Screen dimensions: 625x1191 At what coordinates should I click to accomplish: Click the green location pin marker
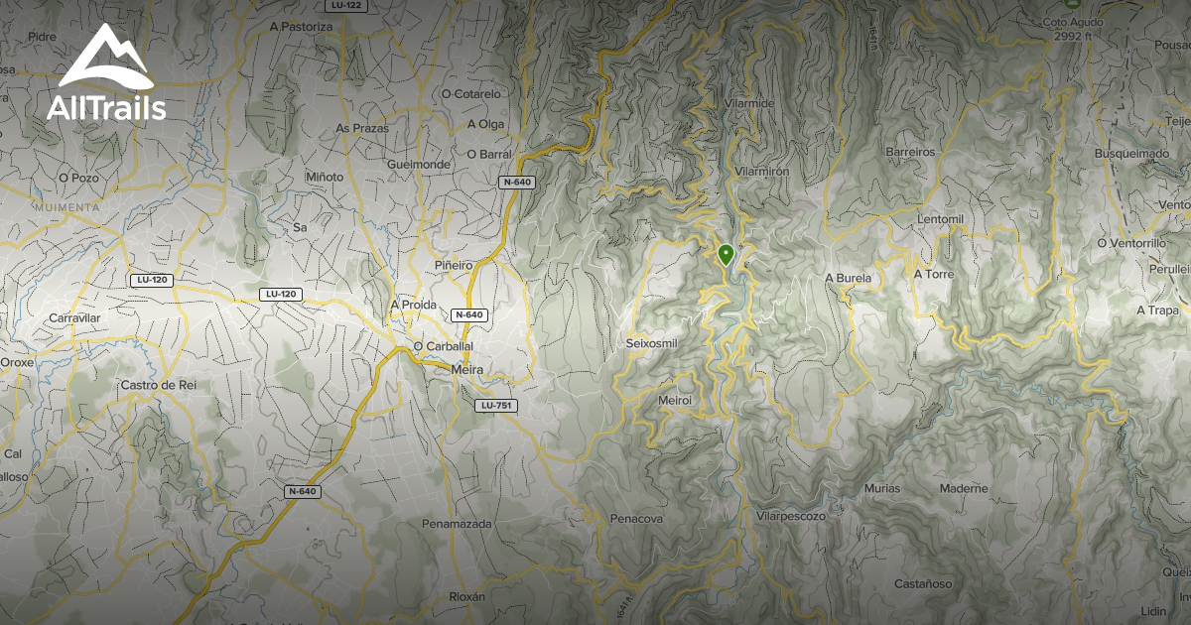click(x=726, y=254)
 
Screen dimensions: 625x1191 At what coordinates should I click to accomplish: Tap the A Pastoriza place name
click(x=301, y=27)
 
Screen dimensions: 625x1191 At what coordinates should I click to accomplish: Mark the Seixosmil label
click(x=651, y=343)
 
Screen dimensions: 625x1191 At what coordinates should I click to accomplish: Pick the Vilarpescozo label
click(x=791, y=516)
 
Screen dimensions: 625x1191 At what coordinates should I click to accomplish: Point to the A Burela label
click(x=848, y=279)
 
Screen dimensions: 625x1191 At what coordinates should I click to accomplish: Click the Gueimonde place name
click(x=419, y=163)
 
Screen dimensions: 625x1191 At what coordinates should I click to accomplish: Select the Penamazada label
click(x=457, y=523)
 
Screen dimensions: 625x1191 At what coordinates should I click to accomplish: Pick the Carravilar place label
click(x=75, y=317)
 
